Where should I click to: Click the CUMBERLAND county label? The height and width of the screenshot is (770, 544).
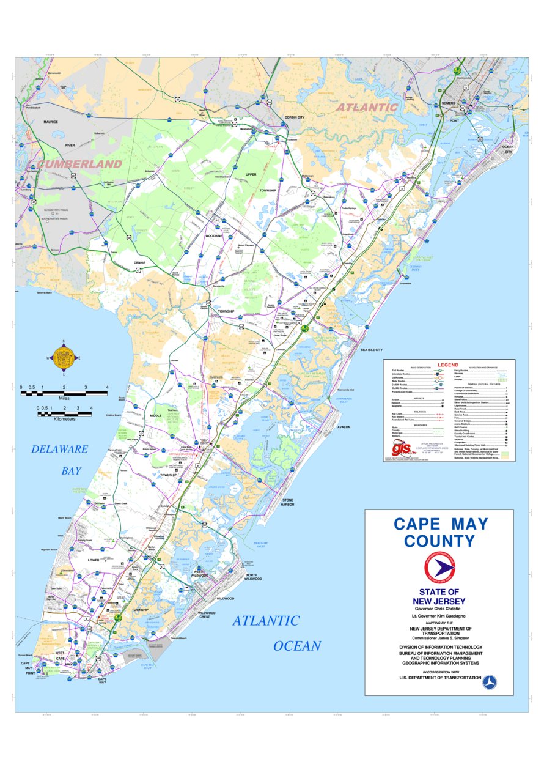coord(79,164)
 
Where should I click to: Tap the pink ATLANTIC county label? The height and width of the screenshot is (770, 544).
coord(366,107)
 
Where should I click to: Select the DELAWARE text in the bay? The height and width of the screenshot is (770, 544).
coord(60,449)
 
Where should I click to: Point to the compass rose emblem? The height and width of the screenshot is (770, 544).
coord(63,358)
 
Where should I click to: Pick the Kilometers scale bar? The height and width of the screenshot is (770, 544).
coord(64,414)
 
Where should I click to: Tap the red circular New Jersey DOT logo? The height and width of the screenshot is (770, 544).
coord(439,568)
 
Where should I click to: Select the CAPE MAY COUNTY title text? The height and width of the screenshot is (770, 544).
coord(440,533)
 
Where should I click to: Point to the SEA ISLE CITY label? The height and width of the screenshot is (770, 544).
coord(371,350)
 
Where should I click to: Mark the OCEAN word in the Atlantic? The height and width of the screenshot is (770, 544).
coord(296,646)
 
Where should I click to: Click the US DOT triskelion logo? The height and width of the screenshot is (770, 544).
coord(490,683)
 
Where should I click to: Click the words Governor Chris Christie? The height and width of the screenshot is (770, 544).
coord(439,609)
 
